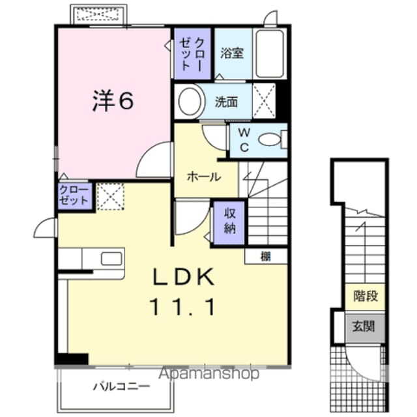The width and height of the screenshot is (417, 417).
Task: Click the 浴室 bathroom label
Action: point(231,53)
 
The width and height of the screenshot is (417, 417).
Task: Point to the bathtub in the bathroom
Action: point(268,53)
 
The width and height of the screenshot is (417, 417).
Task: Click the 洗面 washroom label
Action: point(227,102)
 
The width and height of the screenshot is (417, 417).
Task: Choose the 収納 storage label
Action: point(229,222)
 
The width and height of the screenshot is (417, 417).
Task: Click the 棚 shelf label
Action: point(266,255)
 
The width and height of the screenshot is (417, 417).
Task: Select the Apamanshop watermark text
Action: point(208,373)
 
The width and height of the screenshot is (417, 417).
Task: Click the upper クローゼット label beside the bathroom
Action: point(192,52)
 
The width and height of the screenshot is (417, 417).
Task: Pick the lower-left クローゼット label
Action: point(74,195)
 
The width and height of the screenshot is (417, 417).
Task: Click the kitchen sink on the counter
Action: point(111,258)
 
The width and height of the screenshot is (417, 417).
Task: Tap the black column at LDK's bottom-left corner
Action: point(72,359)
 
